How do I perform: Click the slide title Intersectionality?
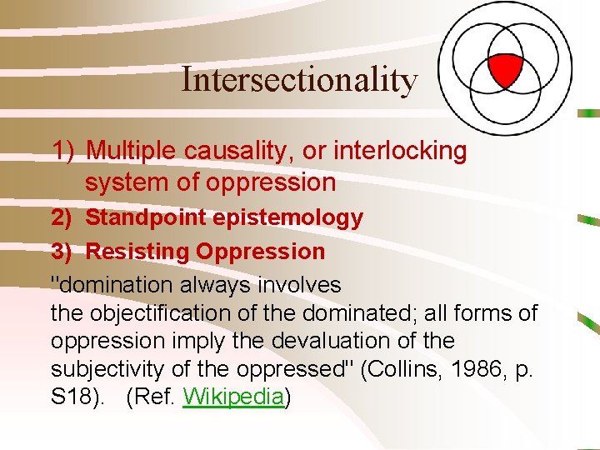(x=299, y=80)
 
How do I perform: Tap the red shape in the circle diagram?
(x=505, y=69)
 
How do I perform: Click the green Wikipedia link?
(x=233, y=397)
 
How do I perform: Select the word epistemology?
(x=287, y=218)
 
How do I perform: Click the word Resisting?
(x=138, y=251)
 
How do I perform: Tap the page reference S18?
(x=72, y=397)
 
